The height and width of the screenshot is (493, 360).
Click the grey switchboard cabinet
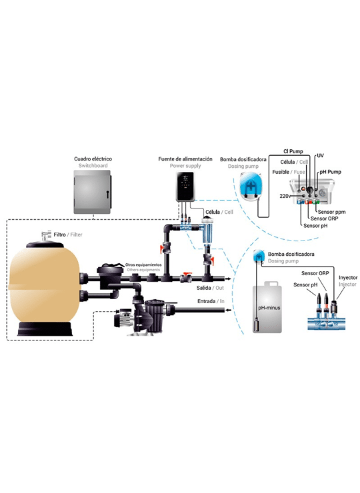[x=92, y=192]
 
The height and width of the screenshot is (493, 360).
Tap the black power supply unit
[x=185, y=186]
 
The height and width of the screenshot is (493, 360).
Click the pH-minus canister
[x=267, y=307]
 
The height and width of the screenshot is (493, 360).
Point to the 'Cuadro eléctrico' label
[x=93, y=159]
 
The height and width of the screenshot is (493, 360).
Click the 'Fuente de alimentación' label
[x=185, y=159]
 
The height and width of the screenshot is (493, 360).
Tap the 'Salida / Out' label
[x=210, y=288]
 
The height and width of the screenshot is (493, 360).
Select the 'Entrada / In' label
[x=211, y=301]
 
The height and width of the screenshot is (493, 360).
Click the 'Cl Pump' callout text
[x=293, y=151]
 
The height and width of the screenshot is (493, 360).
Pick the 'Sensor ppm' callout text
[x=332, y=212]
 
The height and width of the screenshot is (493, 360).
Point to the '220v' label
[x=285, y=196]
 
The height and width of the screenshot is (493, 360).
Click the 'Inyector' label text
[x=348, y=278]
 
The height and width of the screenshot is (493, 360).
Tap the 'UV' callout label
[x=321, y=156]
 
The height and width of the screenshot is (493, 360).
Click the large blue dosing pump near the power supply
[x=249, y=187]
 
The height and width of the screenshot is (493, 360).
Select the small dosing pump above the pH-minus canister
[x=259, y=256]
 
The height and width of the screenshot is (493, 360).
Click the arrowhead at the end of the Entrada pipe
[x=227, y=310]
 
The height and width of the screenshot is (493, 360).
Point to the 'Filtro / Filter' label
[x=68, y=235]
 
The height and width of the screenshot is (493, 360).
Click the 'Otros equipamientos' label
[x=143, y=264]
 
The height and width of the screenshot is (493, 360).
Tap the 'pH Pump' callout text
[x=331, y=172]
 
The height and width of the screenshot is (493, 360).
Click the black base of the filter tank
[x=45, y=328]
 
